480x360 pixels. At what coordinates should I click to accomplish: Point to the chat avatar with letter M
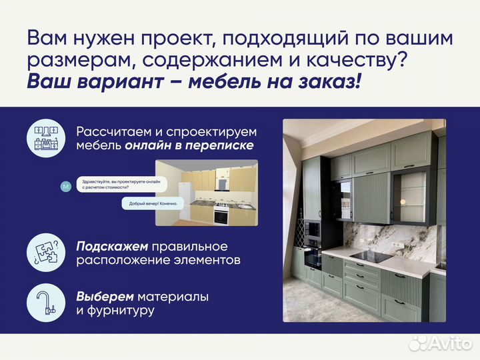click(x=65, y=187)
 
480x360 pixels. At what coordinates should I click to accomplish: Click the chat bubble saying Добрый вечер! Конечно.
click(x=151, y=204)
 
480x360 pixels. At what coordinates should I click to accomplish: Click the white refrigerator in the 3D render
click(x=187, y=193)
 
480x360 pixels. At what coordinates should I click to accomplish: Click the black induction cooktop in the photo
click(x=370, y=257)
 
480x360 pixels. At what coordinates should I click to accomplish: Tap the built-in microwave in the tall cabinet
click(x=311, y=231)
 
